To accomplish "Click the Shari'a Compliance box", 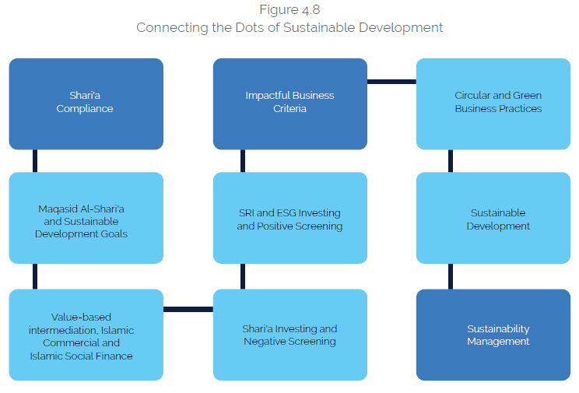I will [x=86, y=103].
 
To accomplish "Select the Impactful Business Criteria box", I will [x=289, y=103].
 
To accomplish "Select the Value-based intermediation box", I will [x=86, y=335].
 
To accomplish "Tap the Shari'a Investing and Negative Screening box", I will [x=289, y=335].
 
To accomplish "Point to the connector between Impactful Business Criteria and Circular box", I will [x=391, y=81].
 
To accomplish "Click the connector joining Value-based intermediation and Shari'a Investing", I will [x=188, y=309].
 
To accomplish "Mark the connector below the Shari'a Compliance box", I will [x=35, y=161].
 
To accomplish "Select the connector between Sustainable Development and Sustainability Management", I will [x=451, y=276].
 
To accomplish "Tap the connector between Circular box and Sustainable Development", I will [x=451, y=161].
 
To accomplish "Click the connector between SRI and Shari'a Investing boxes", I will [x=243, y=276].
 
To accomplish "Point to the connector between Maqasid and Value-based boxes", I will [x=35, y=276].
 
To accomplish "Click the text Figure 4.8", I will [x=289, y=10].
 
